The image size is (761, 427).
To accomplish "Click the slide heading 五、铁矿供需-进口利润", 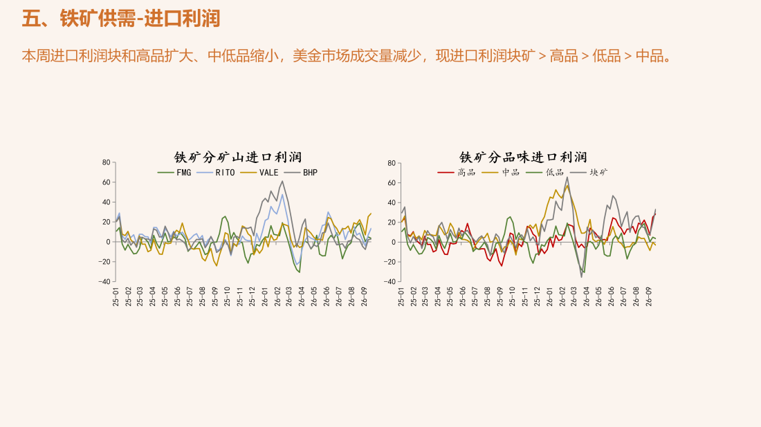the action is (121, 19).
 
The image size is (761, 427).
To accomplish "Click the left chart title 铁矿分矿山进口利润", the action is (238, 157).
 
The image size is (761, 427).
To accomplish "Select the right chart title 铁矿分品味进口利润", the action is (523, 157).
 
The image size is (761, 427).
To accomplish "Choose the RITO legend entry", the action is (216, 173).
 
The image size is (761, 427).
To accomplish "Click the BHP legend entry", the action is (301, 173).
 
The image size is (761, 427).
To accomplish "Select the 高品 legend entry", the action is (456, 173).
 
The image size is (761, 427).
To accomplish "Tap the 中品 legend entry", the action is (500, 173).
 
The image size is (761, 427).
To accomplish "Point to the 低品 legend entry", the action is (544, 173).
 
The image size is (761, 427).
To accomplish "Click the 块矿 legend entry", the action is (589, 173).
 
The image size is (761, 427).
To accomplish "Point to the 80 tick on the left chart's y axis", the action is (107, 162).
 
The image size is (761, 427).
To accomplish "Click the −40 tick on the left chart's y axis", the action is (104, 281).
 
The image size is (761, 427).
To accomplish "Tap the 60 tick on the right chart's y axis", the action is (392, 182).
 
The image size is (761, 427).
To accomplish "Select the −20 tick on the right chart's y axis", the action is (389, 262).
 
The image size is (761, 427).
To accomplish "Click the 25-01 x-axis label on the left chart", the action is (116, 296).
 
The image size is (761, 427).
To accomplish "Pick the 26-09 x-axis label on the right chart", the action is (649, 296).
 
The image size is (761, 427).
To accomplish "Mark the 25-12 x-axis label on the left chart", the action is (252, 296).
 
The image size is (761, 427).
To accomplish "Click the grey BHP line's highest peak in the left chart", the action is (282, 181).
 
